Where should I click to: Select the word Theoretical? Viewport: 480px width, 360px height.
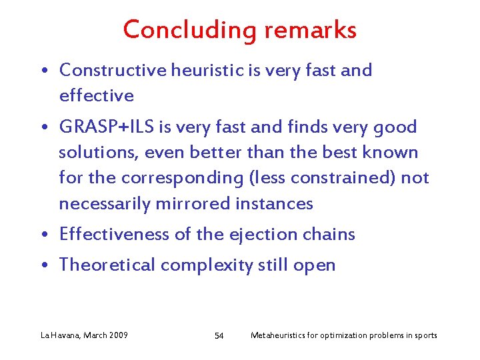107,265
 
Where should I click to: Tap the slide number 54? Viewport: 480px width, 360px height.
219,335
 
